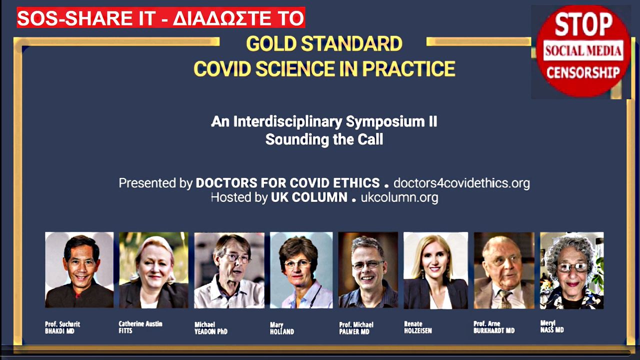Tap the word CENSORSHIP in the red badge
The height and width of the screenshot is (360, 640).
point(583,72)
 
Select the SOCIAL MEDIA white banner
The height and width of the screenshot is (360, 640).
point(583,50)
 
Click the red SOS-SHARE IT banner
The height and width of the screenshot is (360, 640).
point(161,17)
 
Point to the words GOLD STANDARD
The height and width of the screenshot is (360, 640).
point(324,43)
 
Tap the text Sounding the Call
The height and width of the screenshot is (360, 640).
point(324,139)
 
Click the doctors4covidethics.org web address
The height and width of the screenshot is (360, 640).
point(461,183)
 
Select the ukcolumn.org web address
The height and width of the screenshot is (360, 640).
point(399,197)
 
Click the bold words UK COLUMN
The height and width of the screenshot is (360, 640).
point(309,197)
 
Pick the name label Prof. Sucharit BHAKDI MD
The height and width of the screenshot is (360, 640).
point(62,327)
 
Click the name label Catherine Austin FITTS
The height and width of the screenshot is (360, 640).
point(140,327)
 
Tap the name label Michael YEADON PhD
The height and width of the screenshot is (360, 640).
point(211,328)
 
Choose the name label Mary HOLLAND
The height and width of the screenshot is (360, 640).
point(282,328)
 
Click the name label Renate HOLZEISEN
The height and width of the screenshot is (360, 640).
point(418,327)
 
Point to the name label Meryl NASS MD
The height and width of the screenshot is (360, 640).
point(552,326)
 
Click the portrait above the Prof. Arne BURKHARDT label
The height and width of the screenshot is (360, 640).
point(504,270)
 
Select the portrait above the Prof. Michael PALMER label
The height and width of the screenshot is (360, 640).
point(368,270)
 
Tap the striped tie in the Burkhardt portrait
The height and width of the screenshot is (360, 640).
point(503,299)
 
